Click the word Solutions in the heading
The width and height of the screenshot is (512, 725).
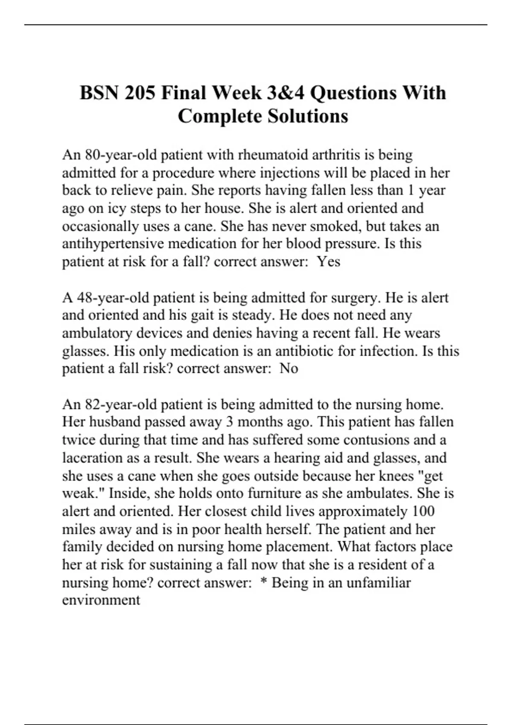(308, 116)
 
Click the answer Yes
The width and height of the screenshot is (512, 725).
(329, 261)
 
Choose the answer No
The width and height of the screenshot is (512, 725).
(289, 368)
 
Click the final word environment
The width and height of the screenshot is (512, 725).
(101, 600)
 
